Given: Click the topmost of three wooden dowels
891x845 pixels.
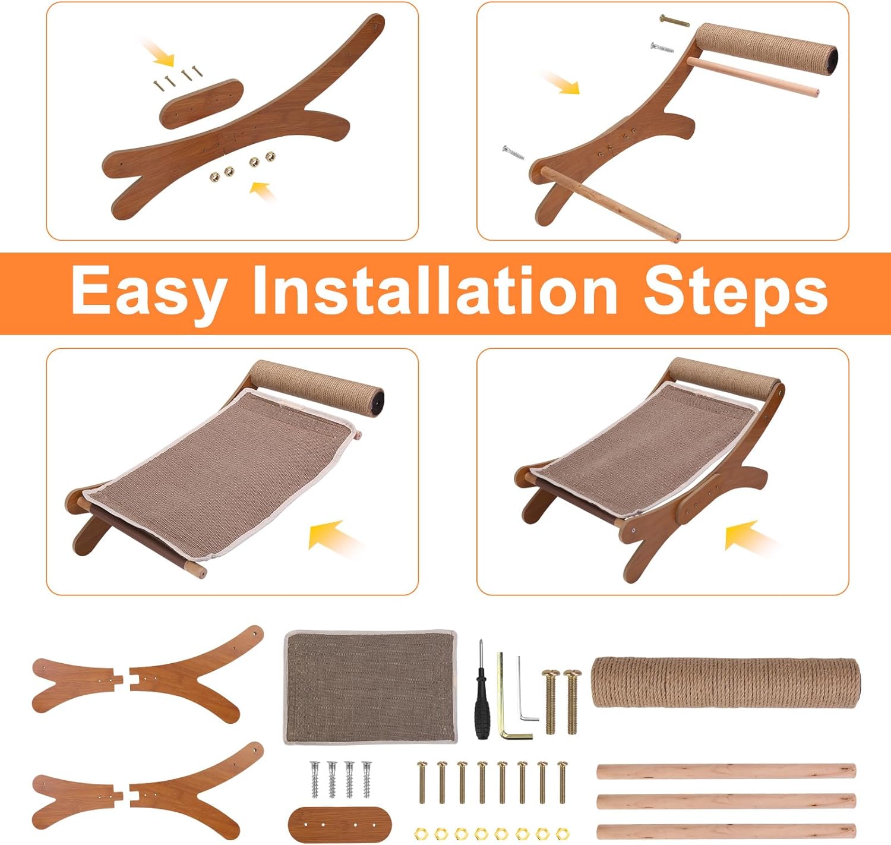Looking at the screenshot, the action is (x=726, y=771).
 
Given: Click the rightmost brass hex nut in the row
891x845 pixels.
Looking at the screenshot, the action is (x=562, y=833).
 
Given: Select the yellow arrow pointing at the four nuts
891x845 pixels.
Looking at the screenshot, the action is (x=263, y=191).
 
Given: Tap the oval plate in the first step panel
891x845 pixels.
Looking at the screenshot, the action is (x=202, y=104).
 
